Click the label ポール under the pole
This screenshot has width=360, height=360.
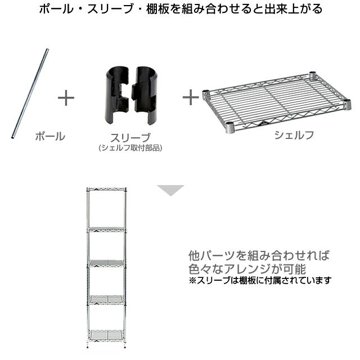pos(50,136)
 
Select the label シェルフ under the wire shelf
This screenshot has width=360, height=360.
pos(294,135)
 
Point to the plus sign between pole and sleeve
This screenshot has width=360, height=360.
pos(66,98)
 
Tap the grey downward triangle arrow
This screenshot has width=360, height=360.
pos(170,190)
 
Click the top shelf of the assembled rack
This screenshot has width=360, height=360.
pos(106,190)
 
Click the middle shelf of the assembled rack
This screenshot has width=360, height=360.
pos(106,263)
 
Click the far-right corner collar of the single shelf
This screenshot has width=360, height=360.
pos(346,104)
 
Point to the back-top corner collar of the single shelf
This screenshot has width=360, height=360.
pos(313,75)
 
